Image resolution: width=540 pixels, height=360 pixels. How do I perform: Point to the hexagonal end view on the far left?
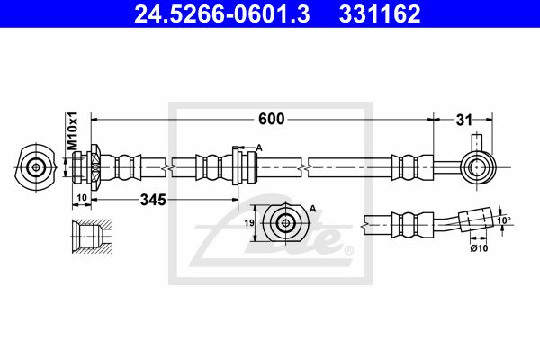click(x=36, y=166)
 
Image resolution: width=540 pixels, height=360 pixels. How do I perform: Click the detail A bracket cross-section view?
click(x=285, y=223)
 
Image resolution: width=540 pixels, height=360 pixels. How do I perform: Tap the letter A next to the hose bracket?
click(x=259, y=148)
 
